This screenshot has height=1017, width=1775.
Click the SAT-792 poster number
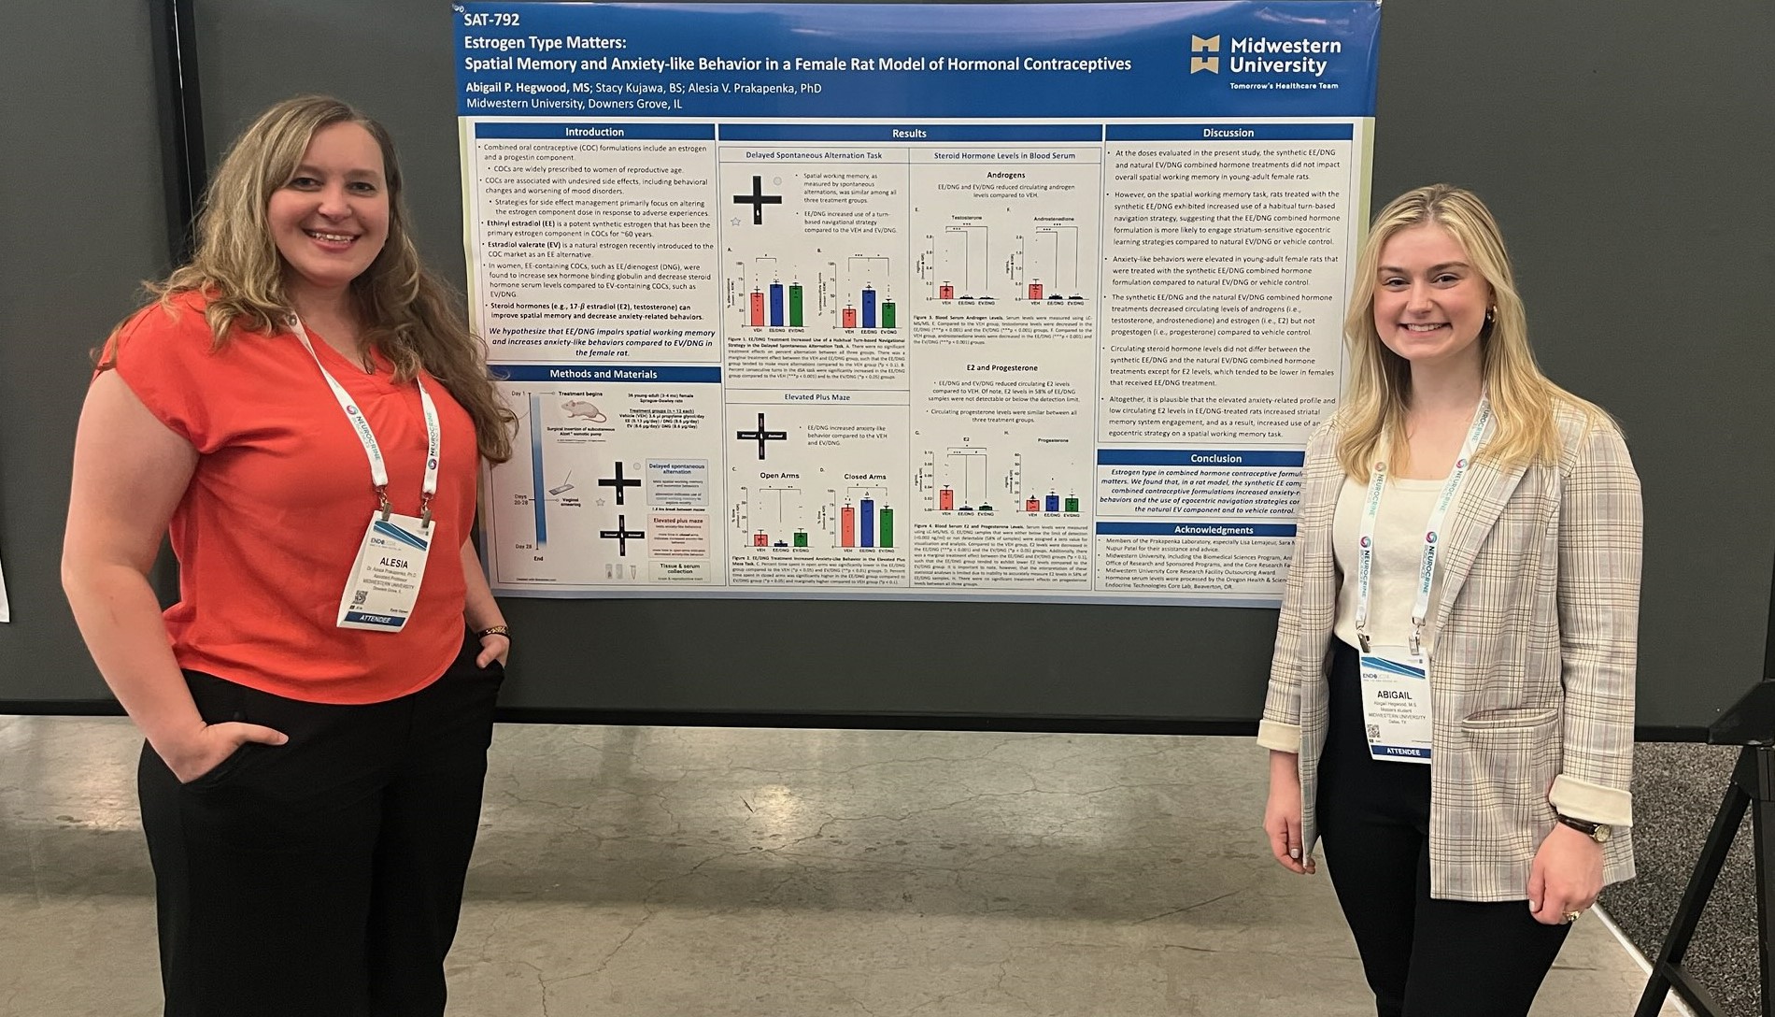tap(492, 20)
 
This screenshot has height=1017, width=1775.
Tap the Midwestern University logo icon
tap(1204, 54)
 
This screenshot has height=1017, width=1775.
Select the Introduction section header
tap(594, 132)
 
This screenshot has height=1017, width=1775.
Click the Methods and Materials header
tap(603, 374)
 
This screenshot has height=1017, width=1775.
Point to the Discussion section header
tap(1228, 133)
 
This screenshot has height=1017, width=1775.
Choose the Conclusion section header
tap(1215, 458)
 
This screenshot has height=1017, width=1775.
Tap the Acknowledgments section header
tap(1214, 530)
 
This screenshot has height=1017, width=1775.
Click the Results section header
tap(909, 134)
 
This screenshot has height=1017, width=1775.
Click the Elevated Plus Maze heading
tap(816, 397)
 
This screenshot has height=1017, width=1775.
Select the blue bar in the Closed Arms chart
tap(866, 523)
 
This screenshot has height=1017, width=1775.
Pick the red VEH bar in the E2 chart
tap(946, 499)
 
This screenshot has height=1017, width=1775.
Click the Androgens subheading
tap(1005, 175)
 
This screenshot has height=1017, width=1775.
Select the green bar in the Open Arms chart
tap(800, 539)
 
